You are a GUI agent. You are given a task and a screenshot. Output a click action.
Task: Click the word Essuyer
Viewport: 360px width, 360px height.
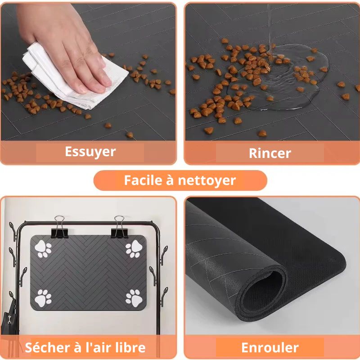(x=90, y=152)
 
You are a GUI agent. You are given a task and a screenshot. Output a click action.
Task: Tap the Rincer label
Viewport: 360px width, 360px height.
(x=270, y=153)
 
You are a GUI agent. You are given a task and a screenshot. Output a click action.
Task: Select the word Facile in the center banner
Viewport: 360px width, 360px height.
(x=143, y=180)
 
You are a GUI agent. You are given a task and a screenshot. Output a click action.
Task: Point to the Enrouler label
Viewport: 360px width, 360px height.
(x=270, y=348)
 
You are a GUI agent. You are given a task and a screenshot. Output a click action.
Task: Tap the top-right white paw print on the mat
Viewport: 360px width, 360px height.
(x=134, y=249)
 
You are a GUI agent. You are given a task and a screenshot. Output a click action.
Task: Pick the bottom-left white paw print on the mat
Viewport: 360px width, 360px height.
(x=44, y=297)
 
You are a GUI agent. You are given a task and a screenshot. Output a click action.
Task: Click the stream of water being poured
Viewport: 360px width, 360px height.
(x=270, y=27)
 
